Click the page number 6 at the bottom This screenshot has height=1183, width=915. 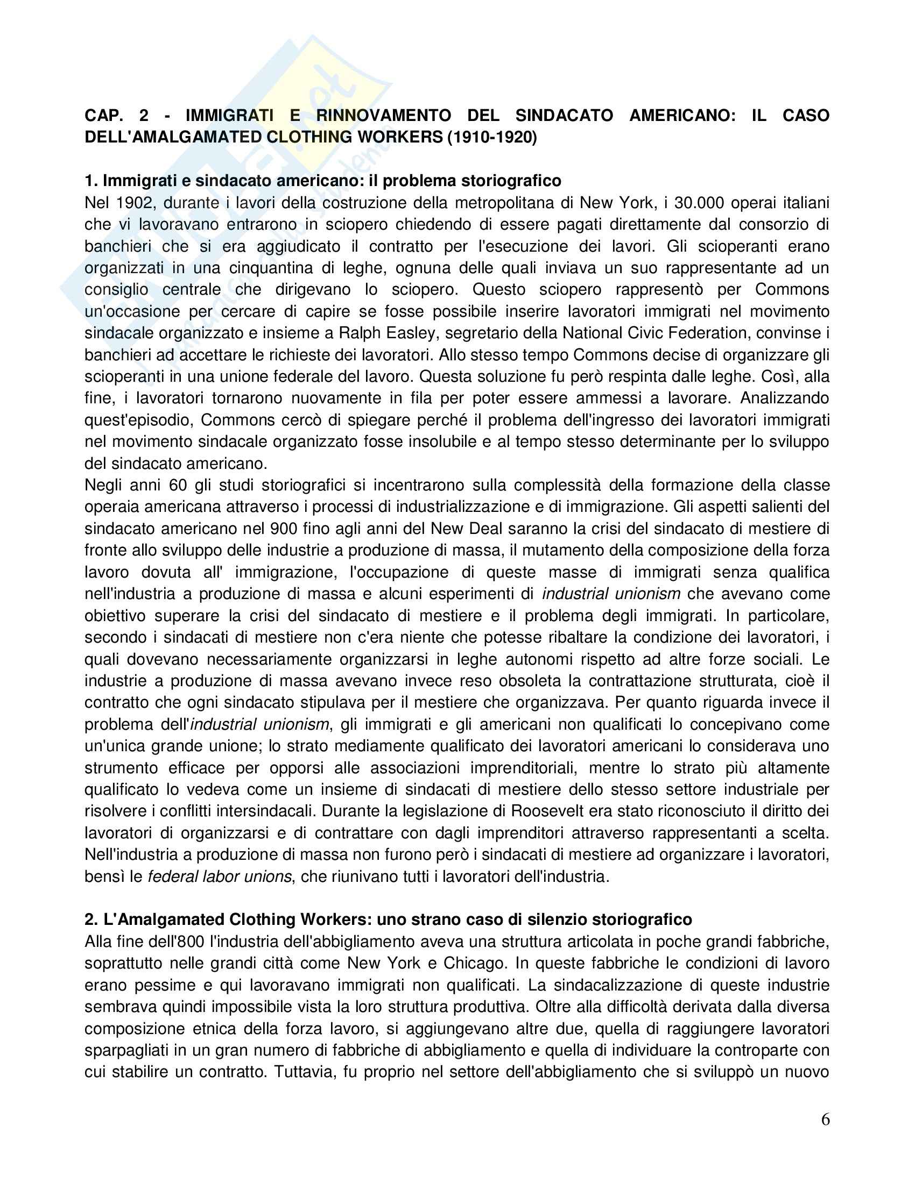(825, 1120)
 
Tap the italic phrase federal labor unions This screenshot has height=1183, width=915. (220, 876)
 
